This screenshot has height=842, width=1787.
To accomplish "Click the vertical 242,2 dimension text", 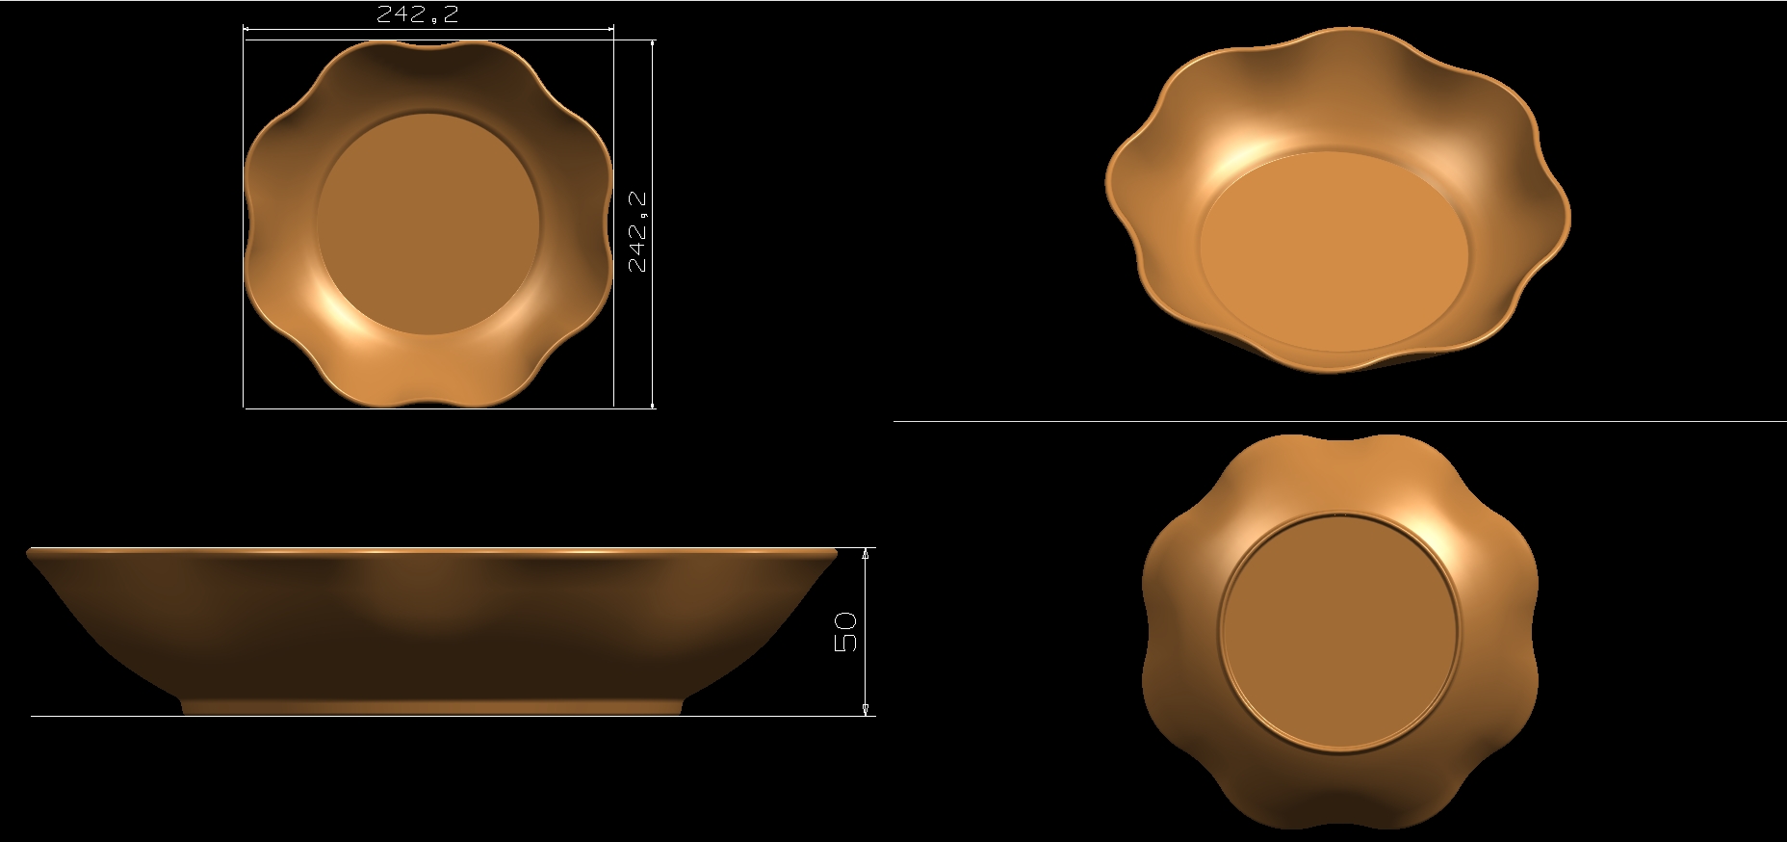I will coord(637,232).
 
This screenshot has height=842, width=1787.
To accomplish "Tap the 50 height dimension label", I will coord(844,632).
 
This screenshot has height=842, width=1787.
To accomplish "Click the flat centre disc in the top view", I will coord(427,224).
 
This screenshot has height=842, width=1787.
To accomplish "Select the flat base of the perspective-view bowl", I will coord(1334,250).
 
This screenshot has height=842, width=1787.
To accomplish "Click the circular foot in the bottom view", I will coord(1339,632).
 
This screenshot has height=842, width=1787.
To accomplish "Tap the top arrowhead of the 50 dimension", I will coord(866,554).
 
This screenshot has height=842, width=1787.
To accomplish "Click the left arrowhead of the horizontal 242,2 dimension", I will coord(247,29).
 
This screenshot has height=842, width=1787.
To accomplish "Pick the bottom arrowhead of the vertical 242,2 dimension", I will coord(653,404).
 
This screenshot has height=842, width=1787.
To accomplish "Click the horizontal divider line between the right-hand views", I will coord(1338,421).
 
